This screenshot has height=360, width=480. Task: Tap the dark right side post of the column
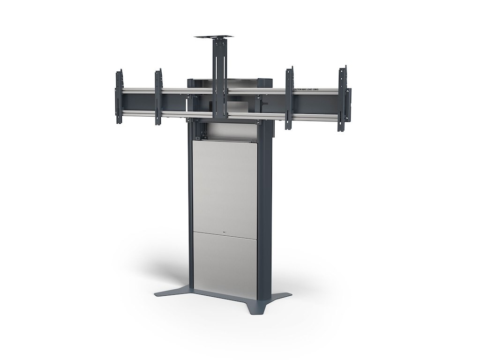[x=264, y=211]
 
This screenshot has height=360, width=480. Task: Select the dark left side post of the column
[x=189, y=211]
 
